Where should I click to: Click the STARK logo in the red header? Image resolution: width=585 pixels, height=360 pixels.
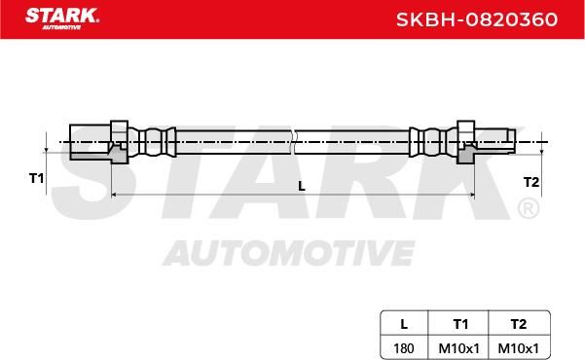point(62,18)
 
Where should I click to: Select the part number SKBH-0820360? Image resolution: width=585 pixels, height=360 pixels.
point(477,19)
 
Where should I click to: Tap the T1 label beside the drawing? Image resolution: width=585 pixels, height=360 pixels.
point(37,178)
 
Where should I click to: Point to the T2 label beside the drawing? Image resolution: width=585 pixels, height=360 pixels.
point(531,182)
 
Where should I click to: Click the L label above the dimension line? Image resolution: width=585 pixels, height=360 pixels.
point(302,186)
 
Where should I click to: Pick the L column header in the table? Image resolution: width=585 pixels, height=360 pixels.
point(404,324)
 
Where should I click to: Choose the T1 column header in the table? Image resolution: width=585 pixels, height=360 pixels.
point(460,324)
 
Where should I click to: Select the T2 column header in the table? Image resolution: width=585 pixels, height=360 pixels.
point(519,324)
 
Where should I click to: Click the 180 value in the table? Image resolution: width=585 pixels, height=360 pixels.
point(404,348)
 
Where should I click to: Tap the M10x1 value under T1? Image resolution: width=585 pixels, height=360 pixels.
point(458,348)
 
